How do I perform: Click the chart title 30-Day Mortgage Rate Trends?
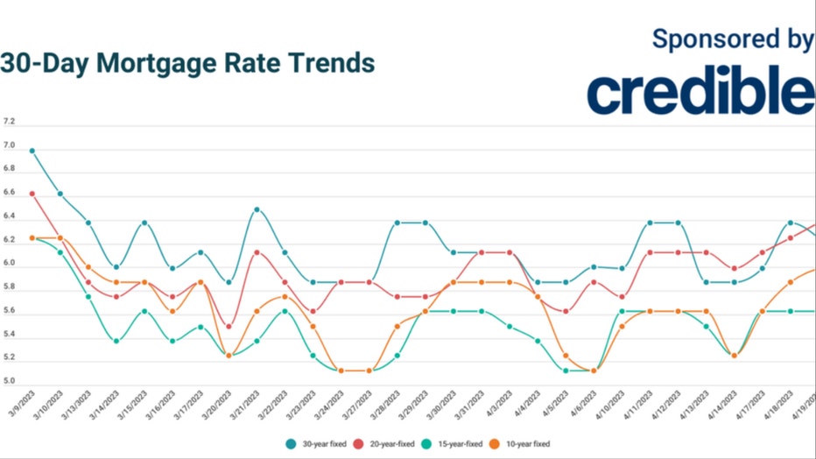[x=187, y=64]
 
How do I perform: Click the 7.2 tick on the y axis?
[x=9, y=121]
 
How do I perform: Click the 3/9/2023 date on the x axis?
[x=21, y=406]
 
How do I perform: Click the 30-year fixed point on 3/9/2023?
[x=32, y=151]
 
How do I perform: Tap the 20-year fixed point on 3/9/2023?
[x=32, y=194]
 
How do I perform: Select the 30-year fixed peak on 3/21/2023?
[x=257, y=209]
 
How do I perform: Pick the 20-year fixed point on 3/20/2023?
[x=229, y=326]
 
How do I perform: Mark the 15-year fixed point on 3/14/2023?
[x=116, y=341]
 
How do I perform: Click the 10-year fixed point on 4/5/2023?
[x=566, y=356]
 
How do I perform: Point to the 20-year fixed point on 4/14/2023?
[x=734, y=269]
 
